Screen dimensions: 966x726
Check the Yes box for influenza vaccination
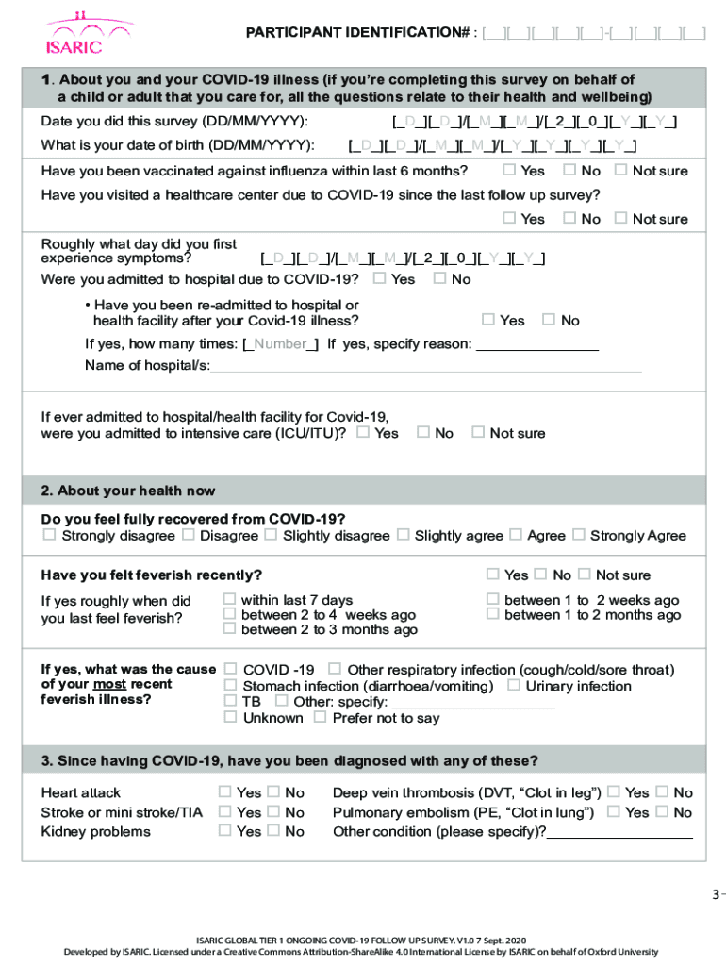click(x=509, y=170)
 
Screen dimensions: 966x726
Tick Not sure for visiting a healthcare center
click(x=620, y=218)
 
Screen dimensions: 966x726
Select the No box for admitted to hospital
click(x=439, y=278)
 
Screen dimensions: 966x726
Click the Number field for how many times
click(x=280, y=343)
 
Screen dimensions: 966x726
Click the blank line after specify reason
click(x=537, y=345)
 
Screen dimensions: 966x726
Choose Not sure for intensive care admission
click(x=478, y=432)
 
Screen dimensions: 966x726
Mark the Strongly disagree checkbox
click(x=49, y=535)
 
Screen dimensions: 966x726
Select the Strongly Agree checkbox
click(x=578, y=535)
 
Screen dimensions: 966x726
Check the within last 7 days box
click(x=229, y=599)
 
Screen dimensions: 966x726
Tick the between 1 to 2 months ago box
click(x=492, y=614)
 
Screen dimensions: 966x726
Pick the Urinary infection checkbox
click(x=514, y=685)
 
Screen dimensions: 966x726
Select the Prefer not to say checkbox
click(x=320, y=717)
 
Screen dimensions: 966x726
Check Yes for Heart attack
click(x=224, y=792)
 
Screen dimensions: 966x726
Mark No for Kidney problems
click(x=273, y=831)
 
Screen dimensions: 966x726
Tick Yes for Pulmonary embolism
click(x=614, y=811)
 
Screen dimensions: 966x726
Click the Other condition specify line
click(x=619, y=833)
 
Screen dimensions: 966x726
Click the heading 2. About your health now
click(x=136, y=491)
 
